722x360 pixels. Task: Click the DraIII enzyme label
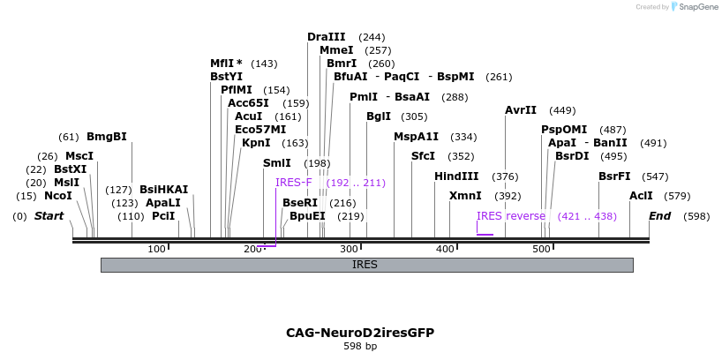(x=326, y=37)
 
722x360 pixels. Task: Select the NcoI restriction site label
(x=57, y=196)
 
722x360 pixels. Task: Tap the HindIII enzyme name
(x=456, y=176)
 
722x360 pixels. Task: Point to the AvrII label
(x=521, y=110)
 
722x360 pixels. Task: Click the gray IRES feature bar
(x=366, y=265)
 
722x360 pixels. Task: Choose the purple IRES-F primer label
(x=294, y=183)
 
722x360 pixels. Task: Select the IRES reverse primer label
(x=511, y=216)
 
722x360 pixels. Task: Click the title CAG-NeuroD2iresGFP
(x=360, y=333)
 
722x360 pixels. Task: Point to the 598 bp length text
(x=360, y=347)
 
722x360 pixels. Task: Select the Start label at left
(x=49, y=216)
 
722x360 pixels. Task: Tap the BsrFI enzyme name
(x=614, y=176)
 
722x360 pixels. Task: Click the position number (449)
(x=562, y=110)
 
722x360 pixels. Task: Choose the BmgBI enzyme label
(x=107, y=137)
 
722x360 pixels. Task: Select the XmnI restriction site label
(x=466, y=196)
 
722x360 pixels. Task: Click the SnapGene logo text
(x=698, y=7)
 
